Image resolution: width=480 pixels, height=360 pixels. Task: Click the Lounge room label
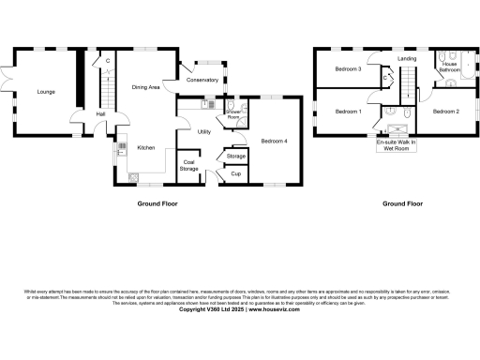point(45,92)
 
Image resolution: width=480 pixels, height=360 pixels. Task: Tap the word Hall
point(100,114)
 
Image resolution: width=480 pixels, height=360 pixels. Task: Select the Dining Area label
point(145,86)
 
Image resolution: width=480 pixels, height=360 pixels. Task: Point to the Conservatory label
point(202,80)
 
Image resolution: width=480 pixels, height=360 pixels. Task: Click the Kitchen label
point(146,147)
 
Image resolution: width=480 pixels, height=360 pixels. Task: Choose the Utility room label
point(204,131)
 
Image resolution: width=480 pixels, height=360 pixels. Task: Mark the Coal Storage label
point(190,165)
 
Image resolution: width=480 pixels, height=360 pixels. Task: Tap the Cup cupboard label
point(236,174)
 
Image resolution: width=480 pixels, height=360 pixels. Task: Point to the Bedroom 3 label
point(347,68)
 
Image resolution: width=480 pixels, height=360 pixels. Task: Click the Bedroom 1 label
point(347,112)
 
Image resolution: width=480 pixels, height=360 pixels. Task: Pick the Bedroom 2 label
point(445,112)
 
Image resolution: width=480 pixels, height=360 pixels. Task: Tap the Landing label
point(406,59)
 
